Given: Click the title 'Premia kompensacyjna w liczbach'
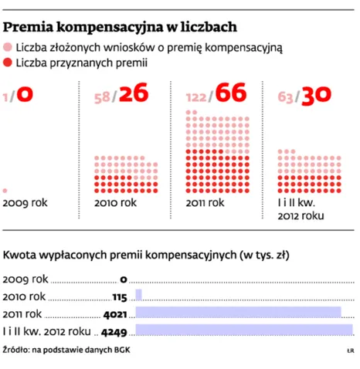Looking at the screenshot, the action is [120, 27].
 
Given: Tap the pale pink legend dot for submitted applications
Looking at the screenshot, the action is [8, 47].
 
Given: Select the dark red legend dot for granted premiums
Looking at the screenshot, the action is [8, 63].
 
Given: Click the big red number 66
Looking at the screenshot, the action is [231, 93].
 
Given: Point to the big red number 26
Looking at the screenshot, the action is [134, 93].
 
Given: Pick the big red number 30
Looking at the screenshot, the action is [316, 95].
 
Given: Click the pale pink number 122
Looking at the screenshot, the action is [196, 97].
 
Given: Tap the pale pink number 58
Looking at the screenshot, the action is [102, 98].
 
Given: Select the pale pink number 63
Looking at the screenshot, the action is [285, 97].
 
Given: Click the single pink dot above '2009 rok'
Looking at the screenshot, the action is [5, 191].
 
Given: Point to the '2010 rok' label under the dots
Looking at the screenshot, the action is [115, 203].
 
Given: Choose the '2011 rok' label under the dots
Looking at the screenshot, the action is [205, 203].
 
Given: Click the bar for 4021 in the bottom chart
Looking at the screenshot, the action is [238, 312].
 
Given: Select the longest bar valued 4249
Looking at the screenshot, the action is [244, 330].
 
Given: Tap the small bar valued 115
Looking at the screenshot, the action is [138, 295].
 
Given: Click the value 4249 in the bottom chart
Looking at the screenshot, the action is [114, 333].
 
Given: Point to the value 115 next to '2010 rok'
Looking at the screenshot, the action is [120, 297].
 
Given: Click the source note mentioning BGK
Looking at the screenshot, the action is [66, 350].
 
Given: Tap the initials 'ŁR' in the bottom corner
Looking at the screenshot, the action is [351, 350].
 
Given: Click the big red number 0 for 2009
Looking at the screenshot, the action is [25, 94].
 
